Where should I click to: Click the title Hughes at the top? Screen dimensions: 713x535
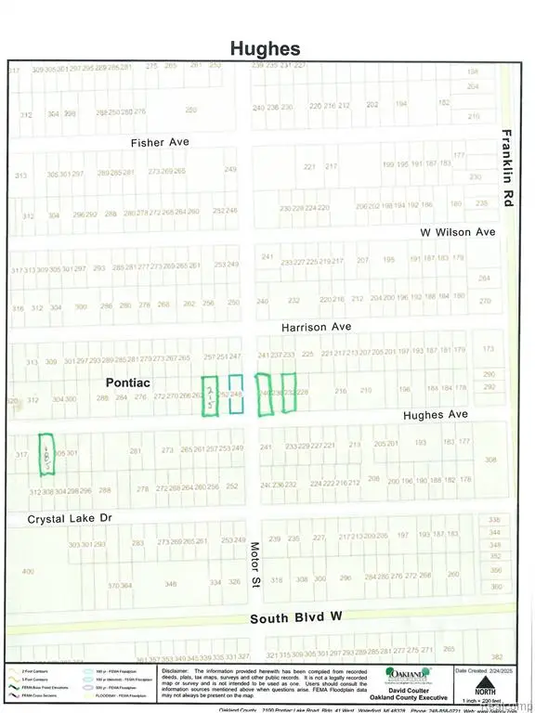tap(267, 47)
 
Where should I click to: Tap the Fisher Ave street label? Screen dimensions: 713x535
tap(160, 142)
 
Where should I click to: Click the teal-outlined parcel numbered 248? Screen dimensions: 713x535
tap(236, 395)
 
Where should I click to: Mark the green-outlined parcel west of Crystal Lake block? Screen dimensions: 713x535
tap(46, 454)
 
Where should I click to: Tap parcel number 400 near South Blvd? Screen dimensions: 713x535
tap(27, 571)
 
